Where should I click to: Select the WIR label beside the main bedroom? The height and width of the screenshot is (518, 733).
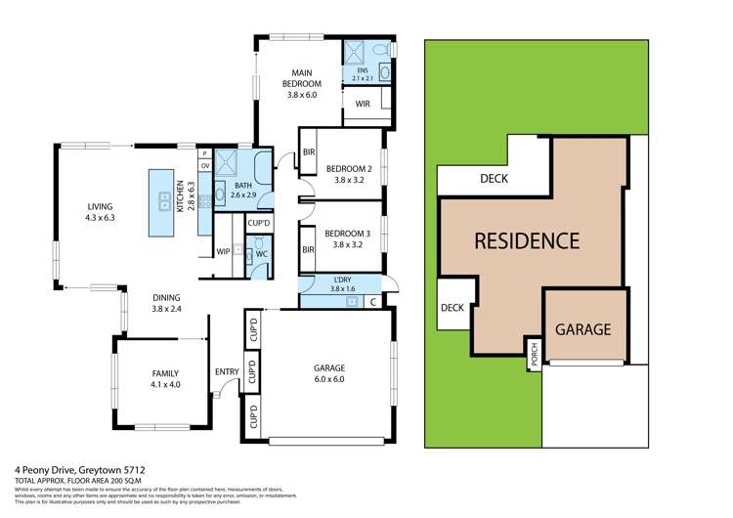362,104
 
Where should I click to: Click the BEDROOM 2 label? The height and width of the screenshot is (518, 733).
349,166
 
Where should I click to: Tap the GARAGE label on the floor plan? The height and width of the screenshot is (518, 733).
329,368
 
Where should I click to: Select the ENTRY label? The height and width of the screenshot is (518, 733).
226,371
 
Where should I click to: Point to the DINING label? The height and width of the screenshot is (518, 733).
167,298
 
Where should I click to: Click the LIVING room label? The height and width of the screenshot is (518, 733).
101,207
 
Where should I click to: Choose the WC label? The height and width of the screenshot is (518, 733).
262,253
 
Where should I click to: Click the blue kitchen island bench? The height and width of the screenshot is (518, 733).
161,202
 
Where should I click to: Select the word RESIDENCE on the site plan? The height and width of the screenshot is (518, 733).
528,240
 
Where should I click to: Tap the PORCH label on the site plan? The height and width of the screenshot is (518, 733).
534,356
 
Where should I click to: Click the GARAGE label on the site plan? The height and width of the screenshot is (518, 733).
583,328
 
